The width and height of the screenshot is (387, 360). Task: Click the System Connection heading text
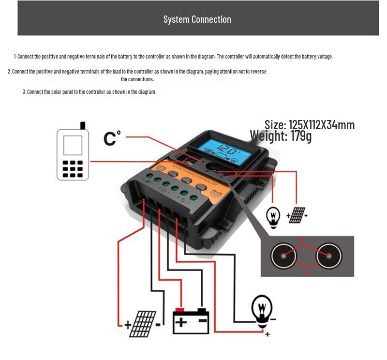point(197,19)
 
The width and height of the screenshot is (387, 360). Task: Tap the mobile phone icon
point(73,154)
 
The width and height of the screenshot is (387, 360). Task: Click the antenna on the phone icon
point(83,125)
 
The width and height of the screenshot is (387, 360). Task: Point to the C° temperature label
point(112,138)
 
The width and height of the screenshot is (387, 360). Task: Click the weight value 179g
point(301,136)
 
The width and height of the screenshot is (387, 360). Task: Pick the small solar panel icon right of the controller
point(297,215)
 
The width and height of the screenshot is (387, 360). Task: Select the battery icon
point(191,320)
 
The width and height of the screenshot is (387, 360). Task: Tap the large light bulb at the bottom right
point(262,310)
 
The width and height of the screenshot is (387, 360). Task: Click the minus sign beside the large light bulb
point(273,319)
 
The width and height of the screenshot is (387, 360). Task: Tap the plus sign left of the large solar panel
point(128,325)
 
